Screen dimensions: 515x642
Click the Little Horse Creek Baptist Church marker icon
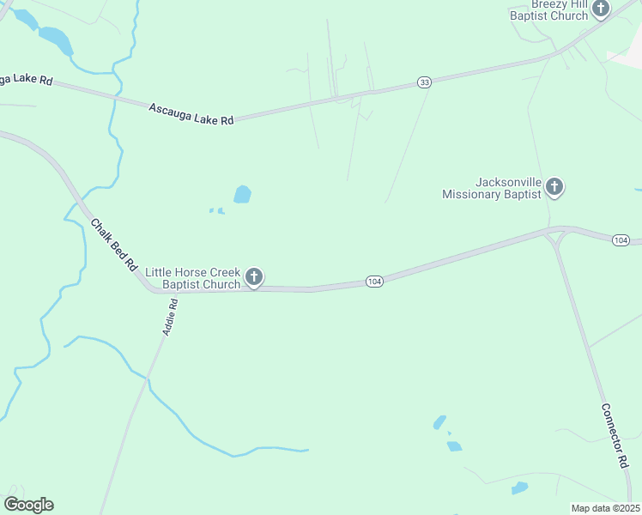254,276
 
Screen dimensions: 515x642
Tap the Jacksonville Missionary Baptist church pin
554,186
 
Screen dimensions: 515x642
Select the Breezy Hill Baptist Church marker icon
601,9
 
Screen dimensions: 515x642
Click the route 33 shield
424,82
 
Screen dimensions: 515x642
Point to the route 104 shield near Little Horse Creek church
373,282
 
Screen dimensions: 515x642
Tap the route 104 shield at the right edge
621,239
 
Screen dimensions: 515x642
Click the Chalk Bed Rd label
114,245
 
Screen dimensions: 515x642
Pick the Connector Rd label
615,435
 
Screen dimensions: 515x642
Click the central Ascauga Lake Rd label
191,114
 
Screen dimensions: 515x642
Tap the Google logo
28,505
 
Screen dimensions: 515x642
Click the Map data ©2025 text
605,508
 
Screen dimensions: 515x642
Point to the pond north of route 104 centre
243,195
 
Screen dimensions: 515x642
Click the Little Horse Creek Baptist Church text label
193,278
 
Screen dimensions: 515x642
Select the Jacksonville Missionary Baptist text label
492,188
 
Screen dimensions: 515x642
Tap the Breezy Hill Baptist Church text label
549,9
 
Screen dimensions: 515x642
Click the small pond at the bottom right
519,488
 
